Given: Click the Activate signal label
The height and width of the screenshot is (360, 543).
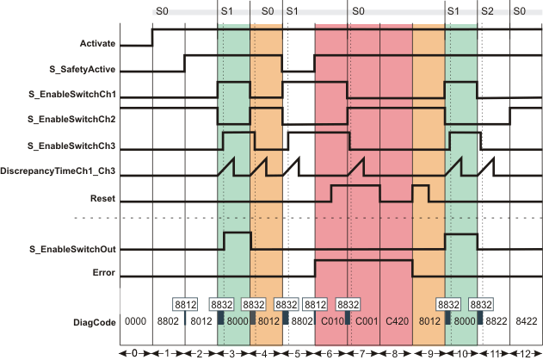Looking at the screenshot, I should click(x=97, y=41).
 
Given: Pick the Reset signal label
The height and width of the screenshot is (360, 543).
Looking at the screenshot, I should click(x=103, y=198).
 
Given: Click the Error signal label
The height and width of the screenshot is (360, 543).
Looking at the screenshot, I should click(x=104, y=275).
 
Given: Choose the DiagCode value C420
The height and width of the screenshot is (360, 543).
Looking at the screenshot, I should click(x=396, y=321).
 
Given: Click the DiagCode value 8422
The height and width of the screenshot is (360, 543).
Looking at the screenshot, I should click(x=526, y=321).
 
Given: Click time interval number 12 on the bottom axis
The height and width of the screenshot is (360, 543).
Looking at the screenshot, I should click(x=526, y=354).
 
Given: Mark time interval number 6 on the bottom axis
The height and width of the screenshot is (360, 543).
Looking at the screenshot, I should click(x=331, y=354).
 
